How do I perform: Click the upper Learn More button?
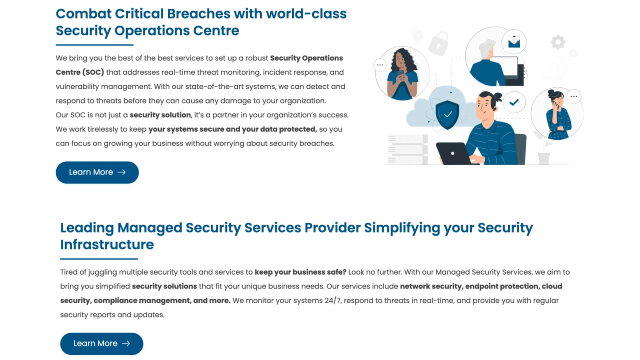(x=97, y=172)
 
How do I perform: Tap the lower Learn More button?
(x=101, y=343)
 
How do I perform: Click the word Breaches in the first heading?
(x=198, y=13)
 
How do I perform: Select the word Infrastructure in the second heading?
(x=107, y=244)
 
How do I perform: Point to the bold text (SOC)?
(x=93, y=72)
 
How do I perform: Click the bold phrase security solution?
(x=160, y=115)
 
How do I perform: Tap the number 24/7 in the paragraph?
(x=332, y=300)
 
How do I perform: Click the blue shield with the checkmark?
(x=447, y=114)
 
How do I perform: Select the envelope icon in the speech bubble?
(x=514, y=42)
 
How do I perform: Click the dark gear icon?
(x=557, y=42)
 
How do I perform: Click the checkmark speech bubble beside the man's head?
(x=513, y=102)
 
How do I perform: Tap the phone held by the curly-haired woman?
(x=401, y=73)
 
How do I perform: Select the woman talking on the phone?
(x=558, y=114)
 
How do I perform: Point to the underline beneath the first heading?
(x=94, y=45)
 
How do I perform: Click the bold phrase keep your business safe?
(x=300, y=272)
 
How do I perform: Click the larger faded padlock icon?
(x=438, y=43)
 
